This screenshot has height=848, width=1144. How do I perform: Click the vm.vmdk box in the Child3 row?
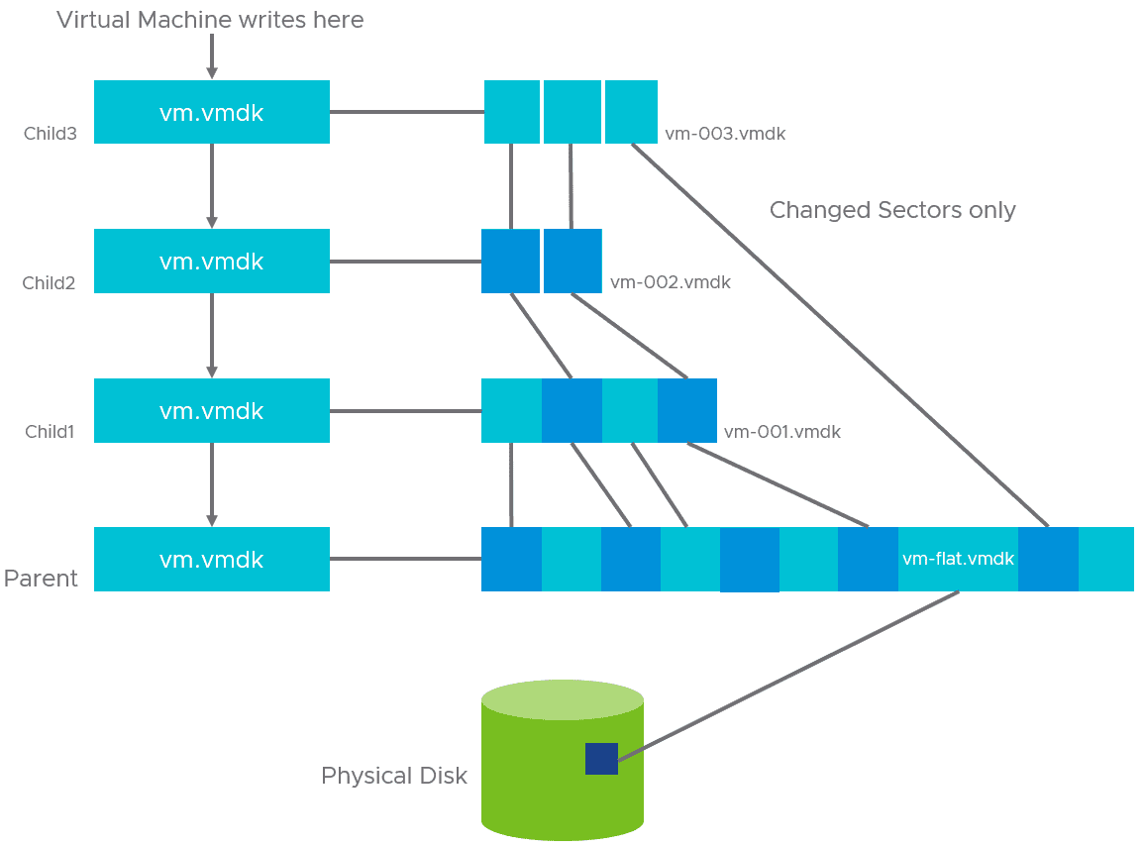click(211, 113)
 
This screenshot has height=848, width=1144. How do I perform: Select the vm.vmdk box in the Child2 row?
click(211, 262)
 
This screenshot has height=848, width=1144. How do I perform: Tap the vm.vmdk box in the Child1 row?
click(211, 411)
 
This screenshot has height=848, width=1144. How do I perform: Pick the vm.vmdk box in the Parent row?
click(211, 560)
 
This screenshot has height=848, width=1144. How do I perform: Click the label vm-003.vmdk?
click(725, 134)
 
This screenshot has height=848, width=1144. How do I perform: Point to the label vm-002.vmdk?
click(671, 282)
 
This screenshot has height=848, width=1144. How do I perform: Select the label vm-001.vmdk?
click(782, 432)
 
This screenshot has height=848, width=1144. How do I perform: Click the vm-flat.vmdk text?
click(958, 559)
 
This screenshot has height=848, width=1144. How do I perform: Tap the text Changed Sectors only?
click(892, 210)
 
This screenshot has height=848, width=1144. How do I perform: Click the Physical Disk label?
click(394, 776)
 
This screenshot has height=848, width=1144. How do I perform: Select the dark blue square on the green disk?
click(601, 759)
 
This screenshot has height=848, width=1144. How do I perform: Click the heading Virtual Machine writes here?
click(210, 20)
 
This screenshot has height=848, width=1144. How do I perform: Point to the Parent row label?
click(41, 579)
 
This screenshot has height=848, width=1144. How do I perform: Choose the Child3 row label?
click(51, 134)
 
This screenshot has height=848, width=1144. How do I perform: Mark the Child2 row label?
click(50, 283)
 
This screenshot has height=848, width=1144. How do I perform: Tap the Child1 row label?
click(51, 432)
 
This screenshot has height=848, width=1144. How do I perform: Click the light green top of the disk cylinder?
click(563, 699)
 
